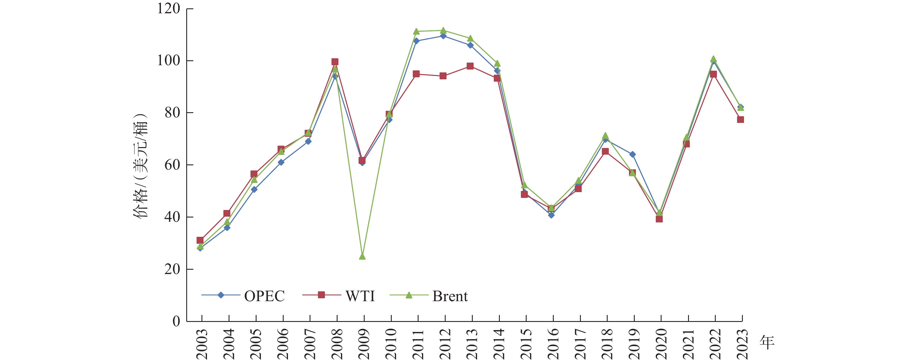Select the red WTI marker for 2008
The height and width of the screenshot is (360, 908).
tap(335, 62)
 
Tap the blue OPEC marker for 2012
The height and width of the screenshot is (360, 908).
tap(443, 36)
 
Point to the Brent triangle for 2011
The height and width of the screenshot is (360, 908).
tap(416, 31)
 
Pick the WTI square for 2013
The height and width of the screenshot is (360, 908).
tap(470, 66)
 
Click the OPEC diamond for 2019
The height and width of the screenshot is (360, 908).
tap(632, 154)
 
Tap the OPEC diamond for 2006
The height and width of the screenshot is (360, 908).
tap(281, 162)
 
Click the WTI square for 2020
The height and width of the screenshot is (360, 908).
tap(659, 219)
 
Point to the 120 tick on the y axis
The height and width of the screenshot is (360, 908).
tap(169, 8)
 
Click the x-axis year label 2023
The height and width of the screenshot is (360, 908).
tap(742, 344)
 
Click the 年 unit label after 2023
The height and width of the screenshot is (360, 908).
tap(767, 342)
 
